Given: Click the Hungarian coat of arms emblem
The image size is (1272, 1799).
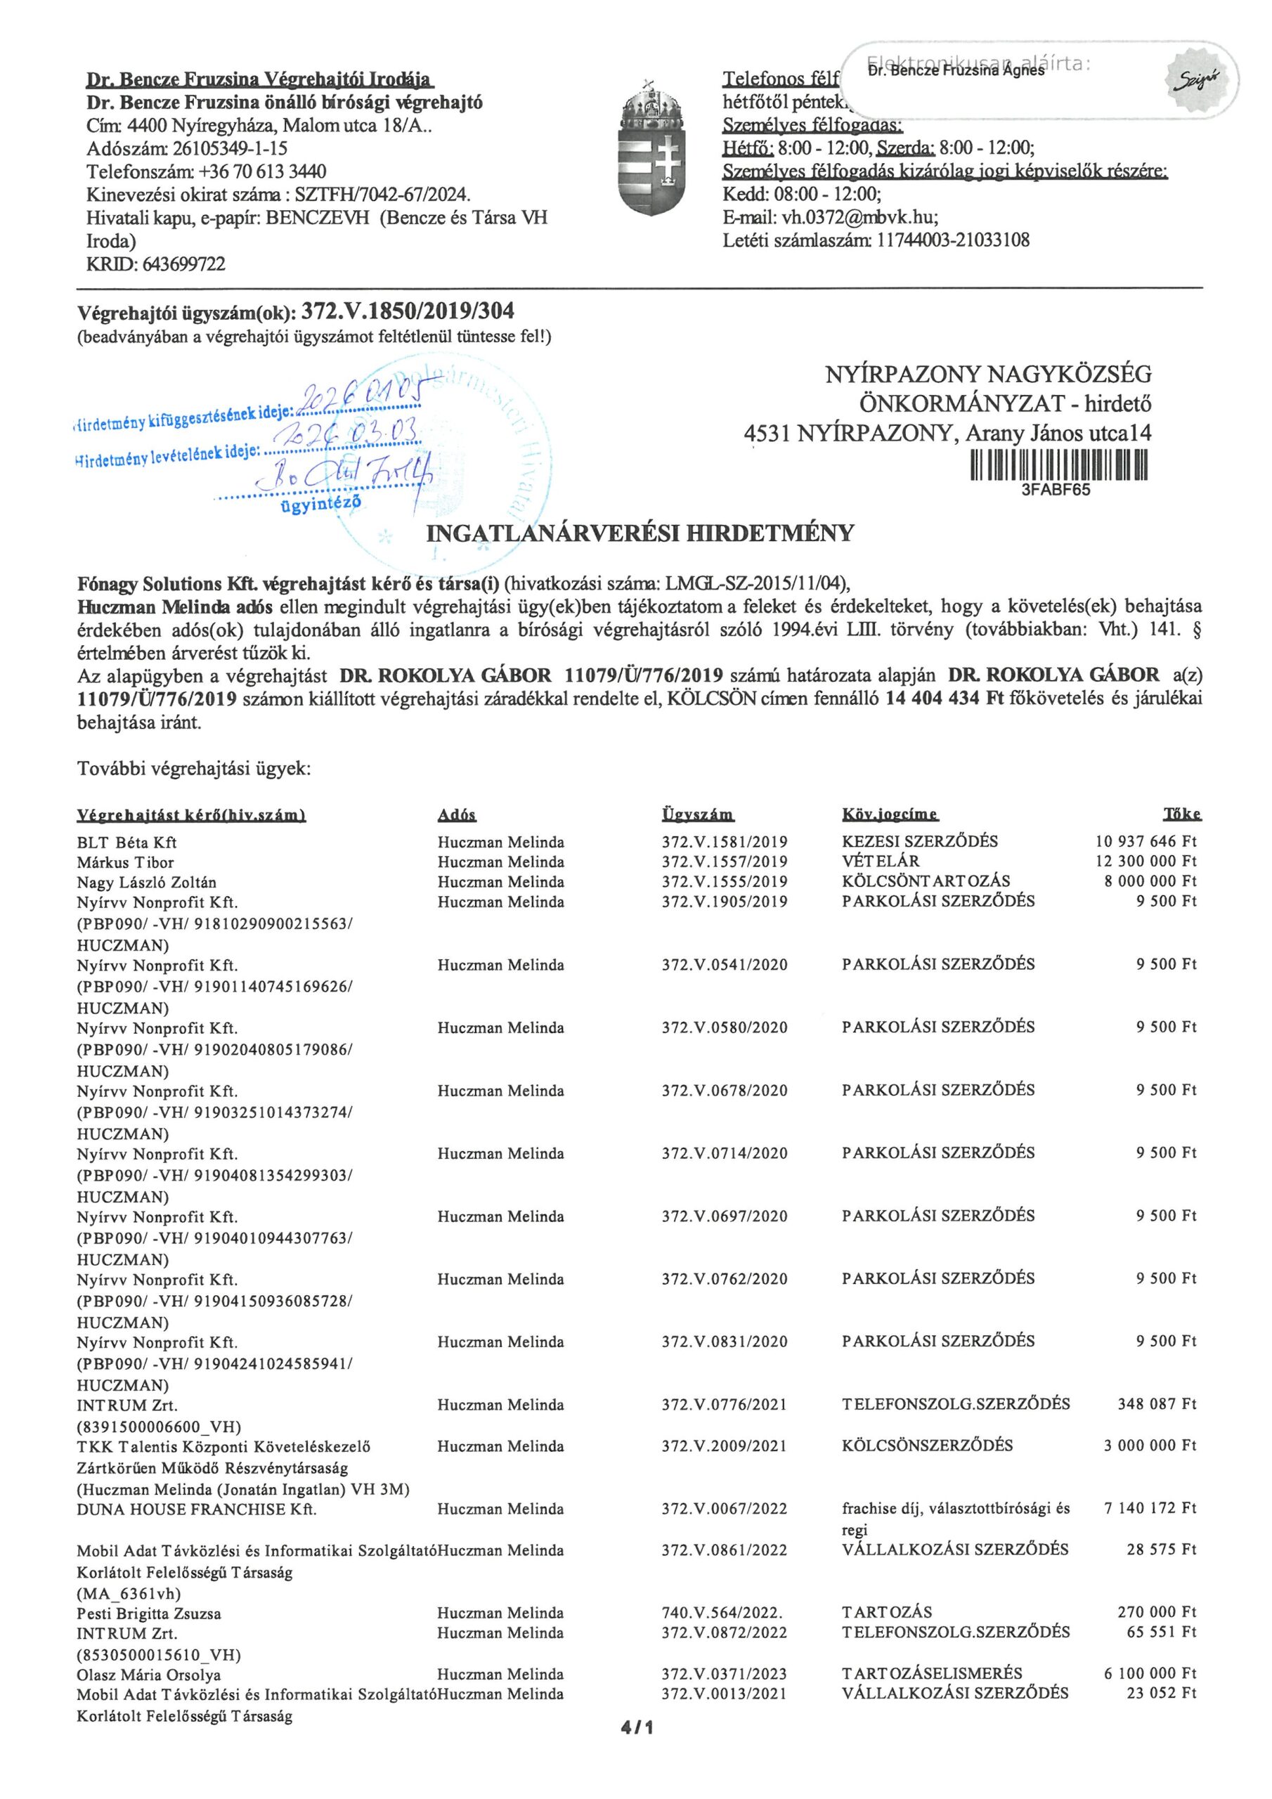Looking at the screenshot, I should pyautogui.click(x=659, y=148).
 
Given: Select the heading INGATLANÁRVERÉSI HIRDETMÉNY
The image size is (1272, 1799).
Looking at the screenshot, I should pyautogui.click(x=639, y=533).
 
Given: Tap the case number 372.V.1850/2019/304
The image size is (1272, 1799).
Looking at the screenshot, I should pyautogui.click(x=408, y=311).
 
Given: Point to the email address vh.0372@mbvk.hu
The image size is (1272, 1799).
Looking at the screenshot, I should pyautogui.click(x=859, y=217).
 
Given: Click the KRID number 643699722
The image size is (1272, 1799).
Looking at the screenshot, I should pyautogui.click(x=183, y=265).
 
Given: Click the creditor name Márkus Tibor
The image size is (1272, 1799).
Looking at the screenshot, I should pyautogui.click(x=125, y=862).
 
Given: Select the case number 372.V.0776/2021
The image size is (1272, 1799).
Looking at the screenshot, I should pyautogui.click(x=724, y=1405).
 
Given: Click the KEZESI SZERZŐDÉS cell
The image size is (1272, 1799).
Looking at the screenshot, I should pyautogui.click(x=919, y=841).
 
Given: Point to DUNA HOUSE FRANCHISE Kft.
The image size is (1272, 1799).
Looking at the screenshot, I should pyautogui.click(x=197, y=1509).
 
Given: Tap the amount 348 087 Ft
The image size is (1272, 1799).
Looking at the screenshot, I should pyautogui.click(x=1157, y=1404).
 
